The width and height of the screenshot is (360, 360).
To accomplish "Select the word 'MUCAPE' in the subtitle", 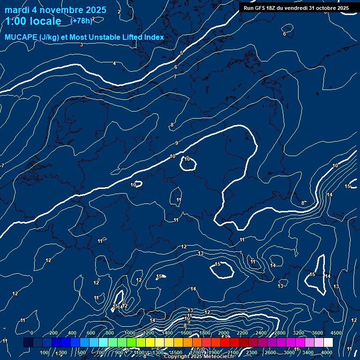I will point(21,37).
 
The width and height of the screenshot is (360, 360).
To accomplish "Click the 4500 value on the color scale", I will point(336,332).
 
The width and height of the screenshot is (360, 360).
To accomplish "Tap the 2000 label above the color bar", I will point(224,332).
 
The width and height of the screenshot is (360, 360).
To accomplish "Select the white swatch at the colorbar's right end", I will point(328,343).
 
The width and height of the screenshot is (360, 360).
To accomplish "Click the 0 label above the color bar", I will point(31,332).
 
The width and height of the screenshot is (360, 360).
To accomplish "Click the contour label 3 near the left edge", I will point(82,45).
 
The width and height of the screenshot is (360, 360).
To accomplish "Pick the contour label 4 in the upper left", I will point(114,63).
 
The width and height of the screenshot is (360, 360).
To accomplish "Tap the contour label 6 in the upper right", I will point(284,34).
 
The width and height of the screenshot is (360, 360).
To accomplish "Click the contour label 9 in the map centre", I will point(176,143).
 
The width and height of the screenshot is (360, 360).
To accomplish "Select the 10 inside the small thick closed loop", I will point(187,159).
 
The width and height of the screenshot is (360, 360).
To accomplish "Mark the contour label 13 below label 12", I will point(201,254).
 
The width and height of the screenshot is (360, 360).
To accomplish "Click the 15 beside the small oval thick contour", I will point(217,264).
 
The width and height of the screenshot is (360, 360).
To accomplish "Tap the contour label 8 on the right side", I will point(303,203).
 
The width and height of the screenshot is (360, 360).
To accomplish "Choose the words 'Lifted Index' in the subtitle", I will point(143,37).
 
